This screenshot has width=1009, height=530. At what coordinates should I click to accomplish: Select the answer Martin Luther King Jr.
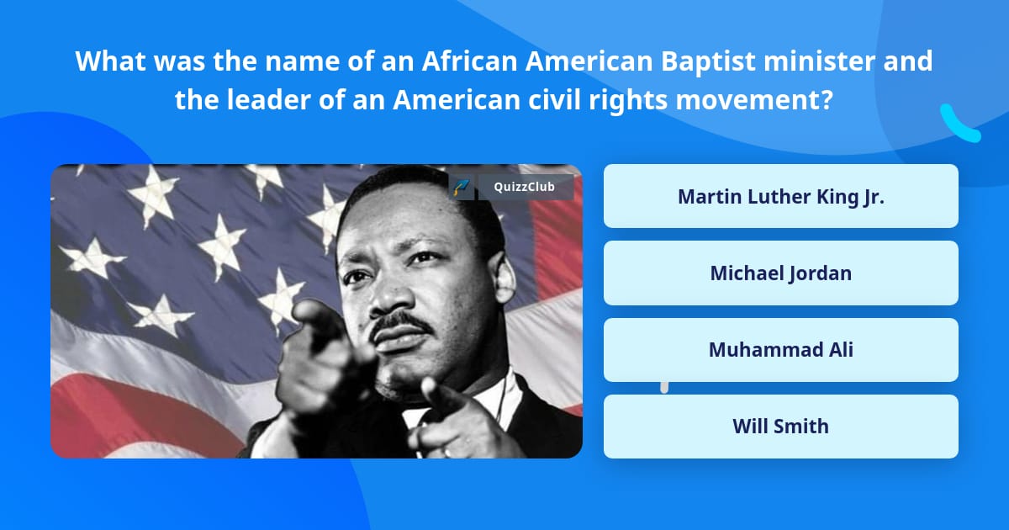pyautogui.click(x=780, y=196)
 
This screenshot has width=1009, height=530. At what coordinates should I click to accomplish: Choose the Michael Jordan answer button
pyautogui.click(x=780, y=273)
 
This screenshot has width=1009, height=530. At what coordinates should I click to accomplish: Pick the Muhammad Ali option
pyautogui.click(x=780, y=349)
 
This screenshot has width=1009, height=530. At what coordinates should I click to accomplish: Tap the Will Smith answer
pyautogui.click(x=780, y=426)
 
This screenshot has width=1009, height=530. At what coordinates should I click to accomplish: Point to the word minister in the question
pyautogui.click(x=821, y=61)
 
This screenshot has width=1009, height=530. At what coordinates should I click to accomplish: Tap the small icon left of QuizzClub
pyautogui.click(x=462, y=187)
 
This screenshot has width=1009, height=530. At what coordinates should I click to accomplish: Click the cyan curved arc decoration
pyautogui.click(x=959, y=124)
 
